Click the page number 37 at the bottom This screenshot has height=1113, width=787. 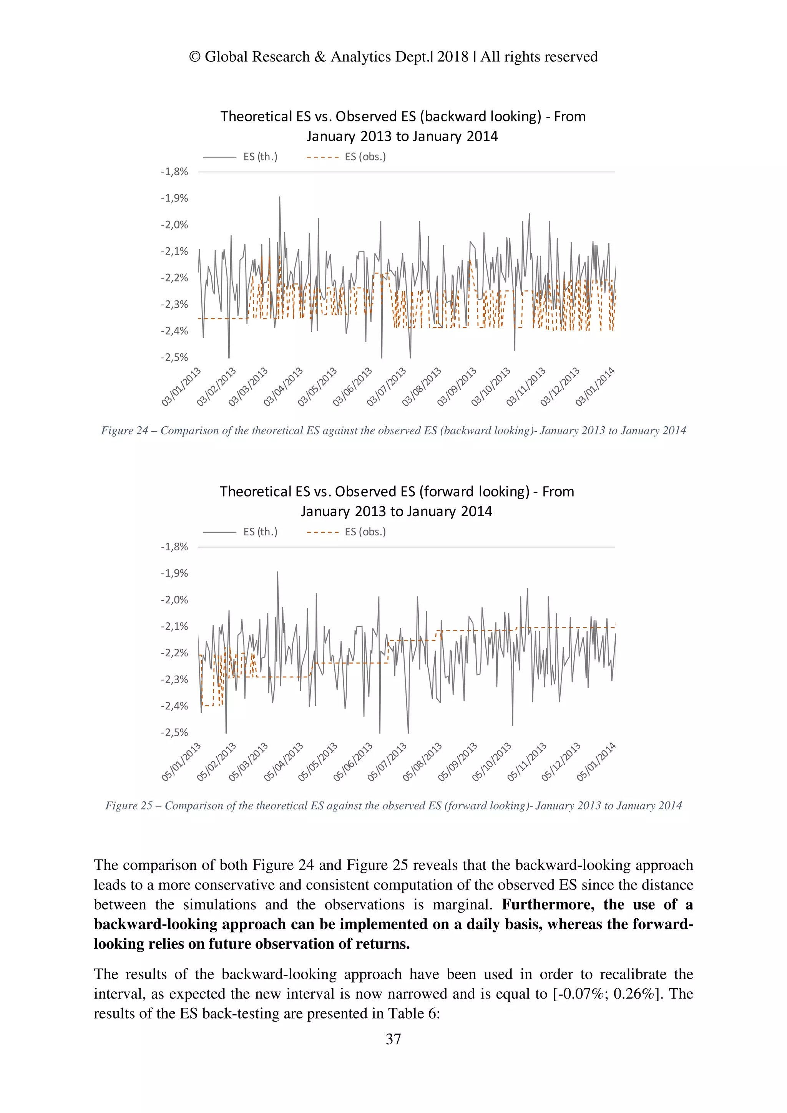(x=393, y=1039)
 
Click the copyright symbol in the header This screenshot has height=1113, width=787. (x=194, y=57)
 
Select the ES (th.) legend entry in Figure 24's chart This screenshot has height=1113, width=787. (x=260, y=157)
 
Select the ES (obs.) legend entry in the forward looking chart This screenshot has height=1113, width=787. (x=365, y=532)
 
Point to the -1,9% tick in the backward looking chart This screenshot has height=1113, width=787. (x=174, y=198)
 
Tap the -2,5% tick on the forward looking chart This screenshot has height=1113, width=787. (x=174, y=732)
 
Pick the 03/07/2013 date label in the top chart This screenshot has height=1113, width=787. (x=387, y=386)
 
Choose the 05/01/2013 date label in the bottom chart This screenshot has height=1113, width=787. (x=181, y=762)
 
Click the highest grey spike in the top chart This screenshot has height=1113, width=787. (x=280, y=198)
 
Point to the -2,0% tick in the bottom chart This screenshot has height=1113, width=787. (x=174, y=600)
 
